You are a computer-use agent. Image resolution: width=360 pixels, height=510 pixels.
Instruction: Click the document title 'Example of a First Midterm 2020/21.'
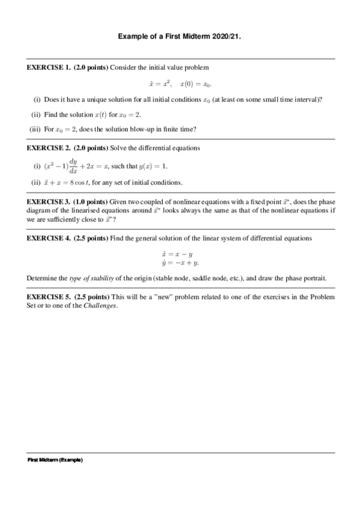[x=180, y=37]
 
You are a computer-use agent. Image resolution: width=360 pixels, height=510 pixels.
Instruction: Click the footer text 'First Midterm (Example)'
[x=55, y=460]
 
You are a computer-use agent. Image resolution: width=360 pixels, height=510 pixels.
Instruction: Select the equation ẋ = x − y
[x=180, y=254]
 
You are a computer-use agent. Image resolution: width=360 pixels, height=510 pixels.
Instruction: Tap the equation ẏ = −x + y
[x=180, y=263]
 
